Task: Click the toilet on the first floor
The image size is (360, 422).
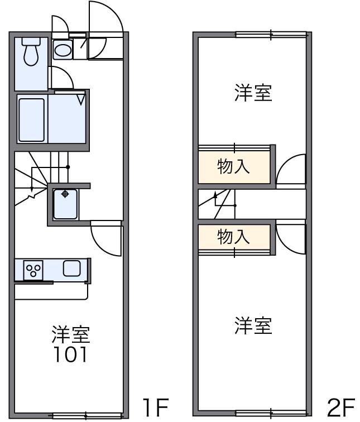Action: [31, 51]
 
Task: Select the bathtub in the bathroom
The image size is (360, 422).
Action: [32, 120]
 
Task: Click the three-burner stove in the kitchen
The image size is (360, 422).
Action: [33, 270]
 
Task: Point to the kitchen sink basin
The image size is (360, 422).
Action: [71, 268]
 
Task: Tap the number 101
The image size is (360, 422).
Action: [70, 354]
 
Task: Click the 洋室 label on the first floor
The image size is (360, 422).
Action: [71, 335]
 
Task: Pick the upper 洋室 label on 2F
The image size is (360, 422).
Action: [253, 93]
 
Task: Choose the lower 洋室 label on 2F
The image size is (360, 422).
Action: [253, 325]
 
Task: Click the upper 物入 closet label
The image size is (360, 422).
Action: [233, 167]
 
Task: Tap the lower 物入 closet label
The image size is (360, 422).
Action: [233, 237]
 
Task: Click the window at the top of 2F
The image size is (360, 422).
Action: [271, 35]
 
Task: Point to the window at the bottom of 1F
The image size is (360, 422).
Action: [87, 415]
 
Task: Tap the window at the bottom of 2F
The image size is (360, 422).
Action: [271, 413]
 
